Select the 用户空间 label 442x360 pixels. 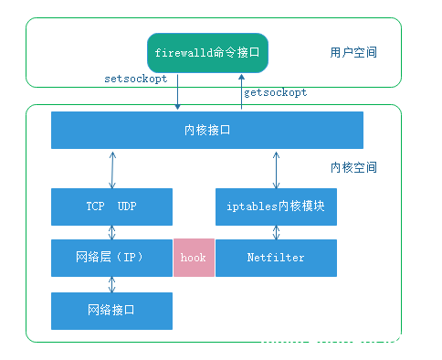click(353, 52)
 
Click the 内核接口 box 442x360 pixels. click(207, 130)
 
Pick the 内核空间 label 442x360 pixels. click(353, 168)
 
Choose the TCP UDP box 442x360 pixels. click(111, 206)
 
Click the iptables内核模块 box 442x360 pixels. click(276, 206)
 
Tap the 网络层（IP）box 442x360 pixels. click(111, 258)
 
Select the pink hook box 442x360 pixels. click(193, 258)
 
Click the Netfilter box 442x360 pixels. click(276, 258)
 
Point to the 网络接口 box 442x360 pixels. click(111, 311)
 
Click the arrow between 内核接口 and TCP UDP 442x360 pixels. click(112, 168)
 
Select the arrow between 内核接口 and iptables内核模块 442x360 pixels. click(275, 168)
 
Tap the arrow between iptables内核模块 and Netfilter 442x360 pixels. click(275, 232)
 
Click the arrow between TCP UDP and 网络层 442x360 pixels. click(112, 232)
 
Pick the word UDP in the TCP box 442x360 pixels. click(128, 206)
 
